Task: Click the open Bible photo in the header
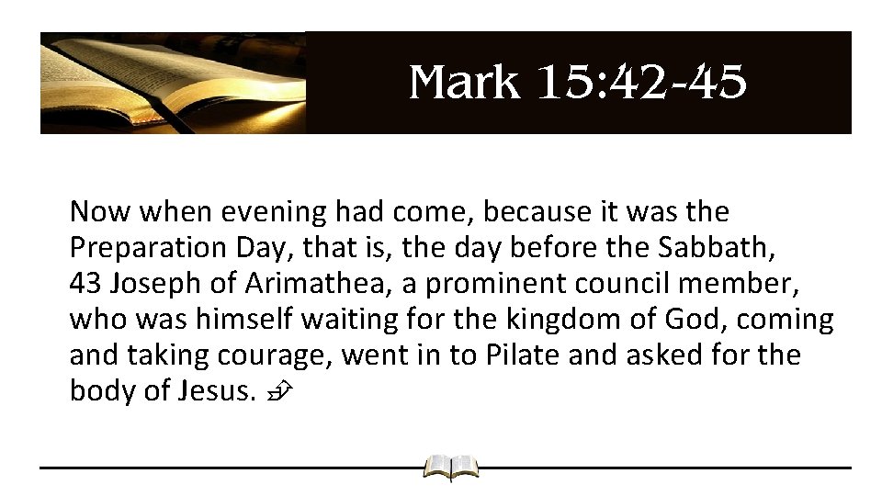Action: [x=173, y=83]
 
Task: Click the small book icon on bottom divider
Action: [x=450, y=468]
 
